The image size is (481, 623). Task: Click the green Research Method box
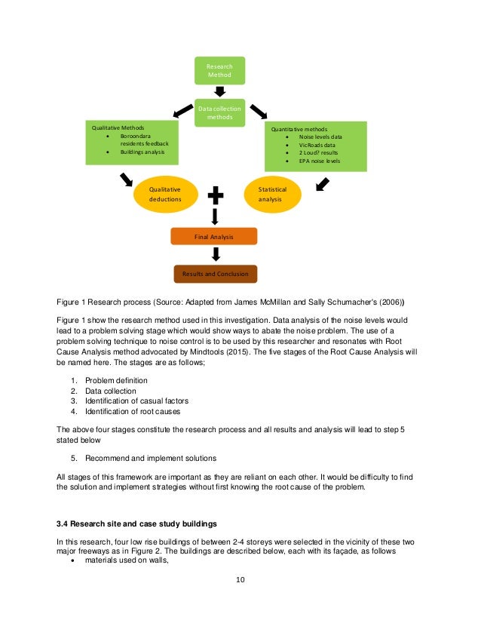click(x=220, y=71)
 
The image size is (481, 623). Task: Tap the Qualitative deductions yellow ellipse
click(x=164, y=195)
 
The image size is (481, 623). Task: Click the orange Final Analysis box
click(x=214, y=236)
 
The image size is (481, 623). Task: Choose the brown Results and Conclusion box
click(x=215, y=274)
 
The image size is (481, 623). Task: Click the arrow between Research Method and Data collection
click(x=220, y=91)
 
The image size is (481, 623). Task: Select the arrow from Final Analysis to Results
click(x=215, y=255)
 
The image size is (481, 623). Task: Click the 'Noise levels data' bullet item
click(x=320, y=137)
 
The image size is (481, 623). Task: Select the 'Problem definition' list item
click(x=116, y=379)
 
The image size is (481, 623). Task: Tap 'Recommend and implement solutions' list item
click(x=151, y=458)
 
